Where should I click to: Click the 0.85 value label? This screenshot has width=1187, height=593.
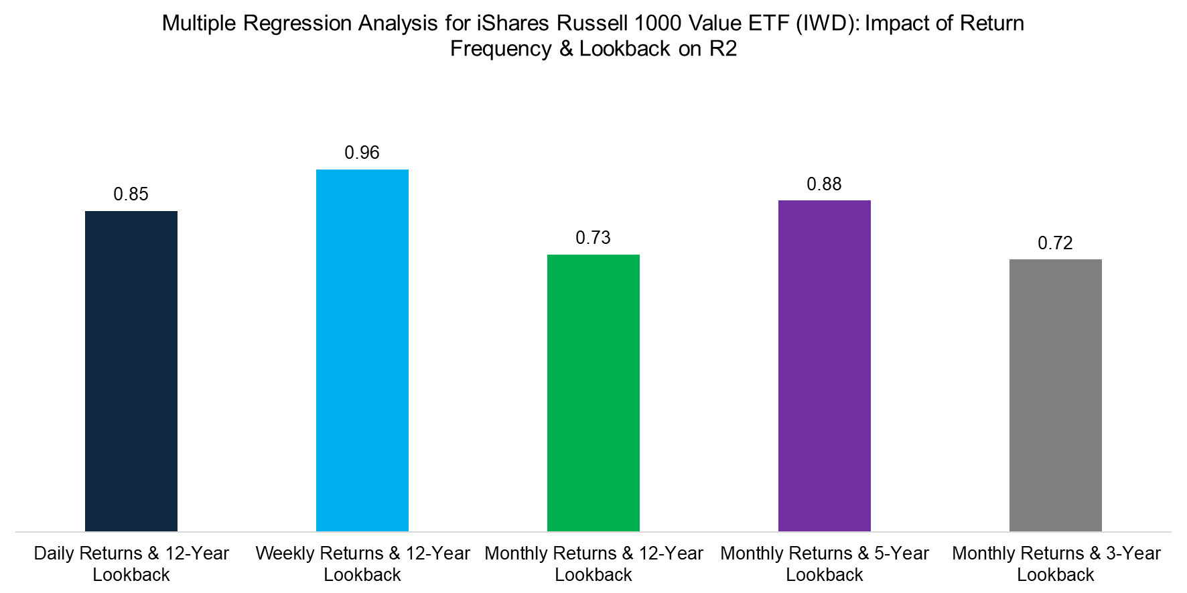pos(131,194)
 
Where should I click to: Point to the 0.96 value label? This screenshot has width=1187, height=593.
pos(362,153)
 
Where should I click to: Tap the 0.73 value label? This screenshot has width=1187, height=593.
pos(593,238)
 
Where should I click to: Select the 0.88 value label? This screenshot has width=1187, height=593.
pos(825,184)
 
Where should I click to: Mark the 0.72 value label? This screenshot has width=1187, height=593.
pos(1056,243)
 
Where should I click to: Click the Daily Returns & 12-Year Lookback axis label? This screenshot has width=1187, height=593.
pos(131,564)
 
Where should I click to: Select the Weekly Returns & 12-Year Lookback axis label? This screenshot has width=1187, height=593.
pos(362,564)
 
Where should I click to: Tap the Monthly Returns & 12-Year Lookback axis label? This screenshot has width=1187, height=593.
pos(593,564)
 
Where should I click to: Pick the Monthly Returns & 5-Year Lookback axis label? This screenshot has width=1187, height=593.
pos(825,564)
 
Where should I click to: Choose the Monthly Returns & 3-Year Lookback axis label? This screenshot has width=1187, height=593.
pos(1056,564)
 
